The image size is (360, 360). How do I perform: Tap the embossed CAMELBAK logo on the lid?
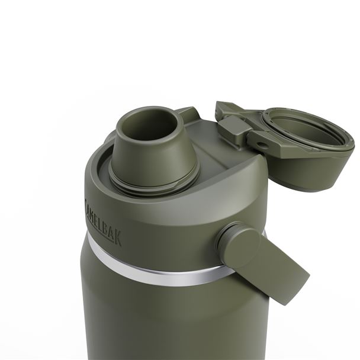click(x=102, y=220)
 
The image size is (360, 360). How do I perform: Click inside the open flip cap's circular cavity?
click(x=311, y=133)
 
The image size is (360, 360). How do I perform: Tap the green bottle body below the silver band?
click(x=148, y=320)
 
